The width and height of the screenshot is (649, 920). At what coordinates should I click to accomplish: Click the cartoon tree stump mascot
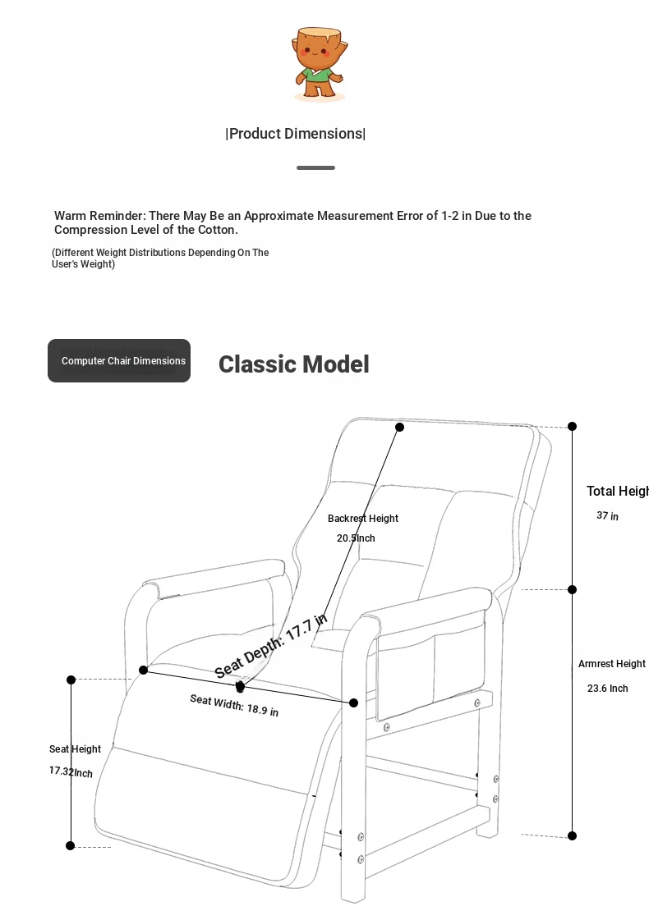(x=319, y=62)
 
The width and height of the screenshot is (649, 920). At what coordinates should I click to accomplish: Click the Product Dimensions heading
(x=296, y=134)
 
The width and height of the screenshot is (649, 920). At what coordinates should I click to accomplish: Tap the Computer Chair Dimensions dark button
(x=119, y=361)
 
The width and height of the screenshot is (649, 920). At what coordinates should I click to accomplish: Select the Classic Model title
(x=293, y=364)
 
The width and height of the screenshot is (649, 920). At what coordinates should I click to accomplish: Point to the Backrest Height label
(x=363, y=519)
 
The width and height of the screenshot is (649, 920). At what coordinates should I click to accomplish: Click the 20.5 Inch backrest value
(x=356, y=538)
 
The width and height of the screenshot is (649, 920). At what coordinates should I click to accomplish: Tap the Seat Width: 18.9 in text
(x=234, y=705)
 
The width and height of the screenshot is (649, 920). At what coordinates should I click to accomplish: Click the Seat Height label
(x=76, y=749)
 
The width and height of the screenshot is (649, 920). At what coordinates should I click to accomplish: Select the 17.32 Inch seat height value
(x=71, y=771)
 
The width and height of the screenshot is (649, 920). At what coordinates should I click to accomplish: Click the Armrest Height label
(x=611, y=664)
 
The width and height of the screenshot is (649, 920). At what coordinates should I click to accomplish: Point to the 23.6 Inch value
(x=607, y=689)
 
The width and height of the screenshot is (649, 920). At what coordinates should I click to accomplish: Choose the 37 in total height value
(x=607, y=515)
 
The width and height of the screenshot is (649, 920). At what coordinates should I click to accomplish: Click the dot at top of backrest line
(x=399, y=427)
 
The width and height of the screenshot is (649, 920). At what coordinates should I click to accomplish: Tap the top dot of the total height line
(x=572, y=427)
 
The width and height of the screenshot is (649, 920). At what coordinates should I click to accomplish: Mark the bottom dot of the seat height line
(x=71, y=845)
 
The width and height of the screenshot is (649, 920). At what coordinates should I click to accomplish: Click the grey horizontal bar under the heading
(x=316, y=167)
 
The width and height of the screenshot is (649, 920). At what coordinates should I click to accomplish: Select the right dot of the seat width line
(x=353, y=703)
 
